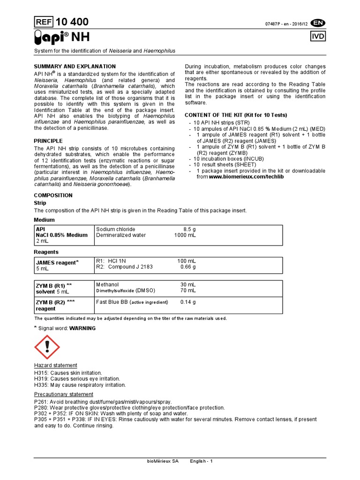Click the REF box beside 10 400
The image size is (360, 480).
click(x=44, y=22)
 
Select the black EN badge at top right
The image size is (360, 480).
click(x=317, y=22)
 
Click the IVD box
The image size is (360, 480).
click(x=317, y=37)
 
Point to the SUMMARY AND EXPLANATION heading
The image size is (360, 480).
click(x=75, y=67)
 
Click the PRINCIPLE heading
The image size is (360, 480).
click(x=48, y=141)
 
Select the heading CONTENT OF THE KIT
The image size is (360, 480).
click(x=236, y=115)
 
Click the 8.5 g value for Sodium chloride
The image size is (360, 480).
click(x=189, y=229)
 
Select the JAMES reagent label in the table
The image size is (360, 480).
click(x=56, y=262)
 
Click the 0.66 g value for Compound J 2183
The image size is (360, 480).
click(x=188, y=267)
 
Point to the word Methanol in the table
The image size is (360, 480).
click(x=107, y=284)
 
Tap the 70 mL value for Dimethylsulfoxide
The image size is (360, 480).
click(x=188, y=291)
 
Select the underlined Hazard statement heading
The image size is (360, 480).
click(x=55, y=366)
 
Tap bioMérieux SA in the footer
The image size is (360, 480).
click(x=163, y=462)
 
